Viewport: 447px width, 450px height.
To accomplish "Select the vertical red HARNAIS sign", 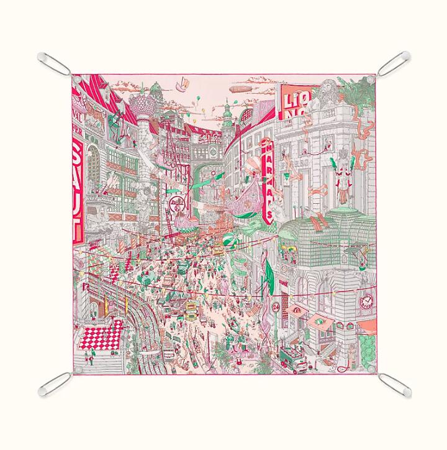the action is click(x=268, y=181).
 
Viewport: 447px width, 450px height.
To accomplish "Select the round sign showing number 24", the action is click(x=275, y=306).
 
